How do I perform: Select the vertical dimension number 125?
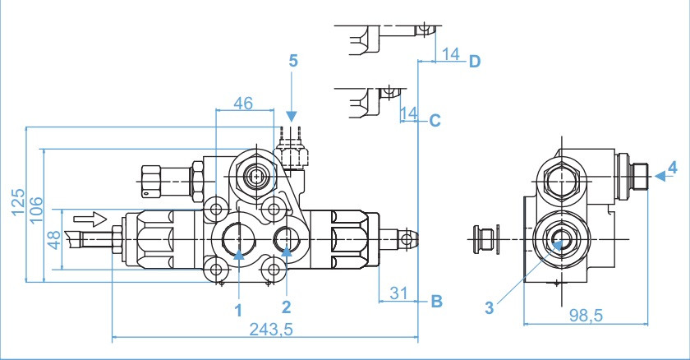(18, 201)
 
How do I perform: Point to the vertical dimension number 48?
(53, 241)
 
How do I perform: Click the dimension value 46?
(243, 103)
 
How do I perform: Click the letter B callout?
(437, 301)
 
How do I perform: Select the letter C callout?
(435, 121)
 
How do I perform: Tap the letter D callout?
(474, 62)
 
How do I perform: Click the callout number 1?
(237, 310)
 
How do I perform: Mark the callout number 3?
(490, 309)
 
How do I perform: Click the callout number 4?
(672, 168)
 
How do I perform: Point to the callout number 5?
(292, 60)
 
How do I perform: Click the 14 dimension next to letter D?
(449, 54)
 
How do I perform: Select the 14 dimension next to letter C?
(408, 112)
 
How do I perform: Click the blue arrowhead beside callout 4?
(659, 174)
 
